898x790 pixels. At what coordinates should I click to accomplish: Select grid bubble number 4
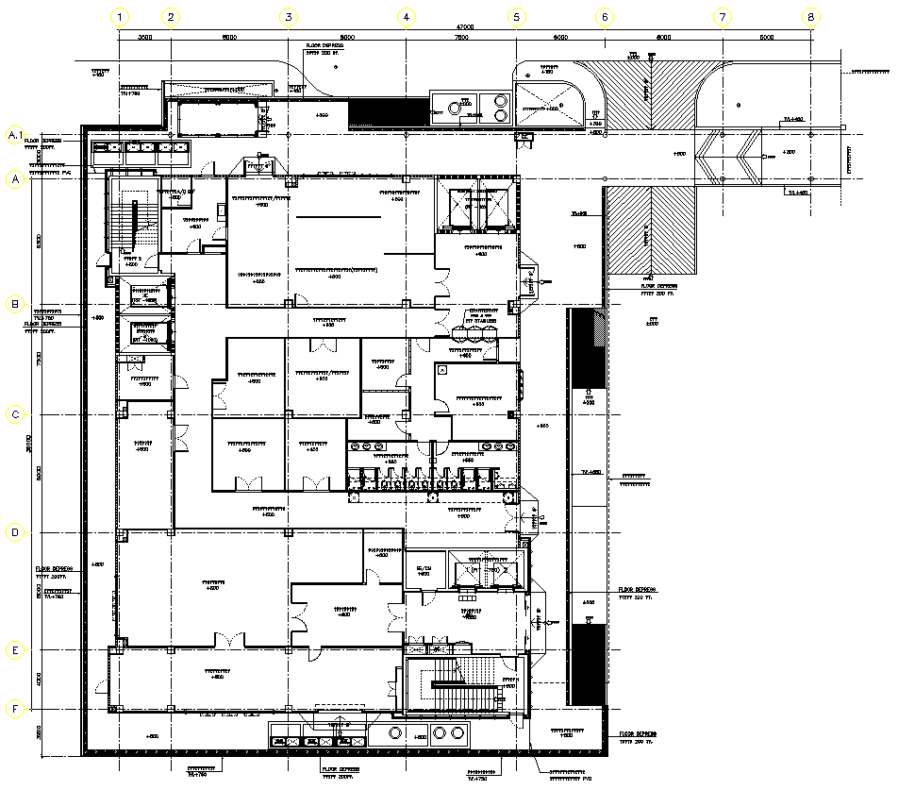(x=406, y=16)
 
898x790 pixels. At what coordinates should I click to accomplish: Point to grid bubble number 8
(x=811, y=16)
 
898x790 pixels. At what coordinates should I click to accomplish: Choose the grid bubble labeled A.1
(x=15, y=136)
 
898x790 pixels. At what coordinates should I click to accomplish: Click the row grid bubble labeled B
(x=15, y=304)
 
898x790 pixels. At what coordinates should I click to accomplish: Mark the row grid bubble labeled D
(x=15, y=532)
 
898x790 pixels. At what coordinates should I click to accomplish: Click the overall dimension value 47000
(x=465, y=26)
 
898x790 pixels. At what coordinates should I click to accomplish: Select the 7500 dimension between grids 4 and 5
(x=461, y=38)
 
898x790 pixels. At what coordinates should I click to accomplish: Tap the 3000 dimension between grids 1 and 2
(x=145, y=38)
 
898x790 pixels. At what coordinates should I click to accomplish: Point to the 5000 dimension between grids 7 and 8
(x=766, y=38)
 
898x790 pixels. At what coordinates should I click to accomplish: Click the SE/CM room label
(x=424, y=567)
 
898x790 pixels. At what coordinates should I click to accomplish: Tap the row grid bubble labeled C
(x=15, y=414)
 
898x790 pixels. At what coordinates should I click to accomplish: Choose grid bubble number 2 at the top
(x=171, y=16)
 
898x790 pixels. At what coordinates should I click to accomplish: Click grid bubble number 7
(x=723, y=16)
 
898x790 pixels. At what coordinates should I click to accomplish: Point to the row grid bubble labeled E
(x=15, y=650)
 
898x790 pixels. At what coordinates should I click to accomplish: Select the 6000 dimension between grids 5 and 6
(x=559, y=38)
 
